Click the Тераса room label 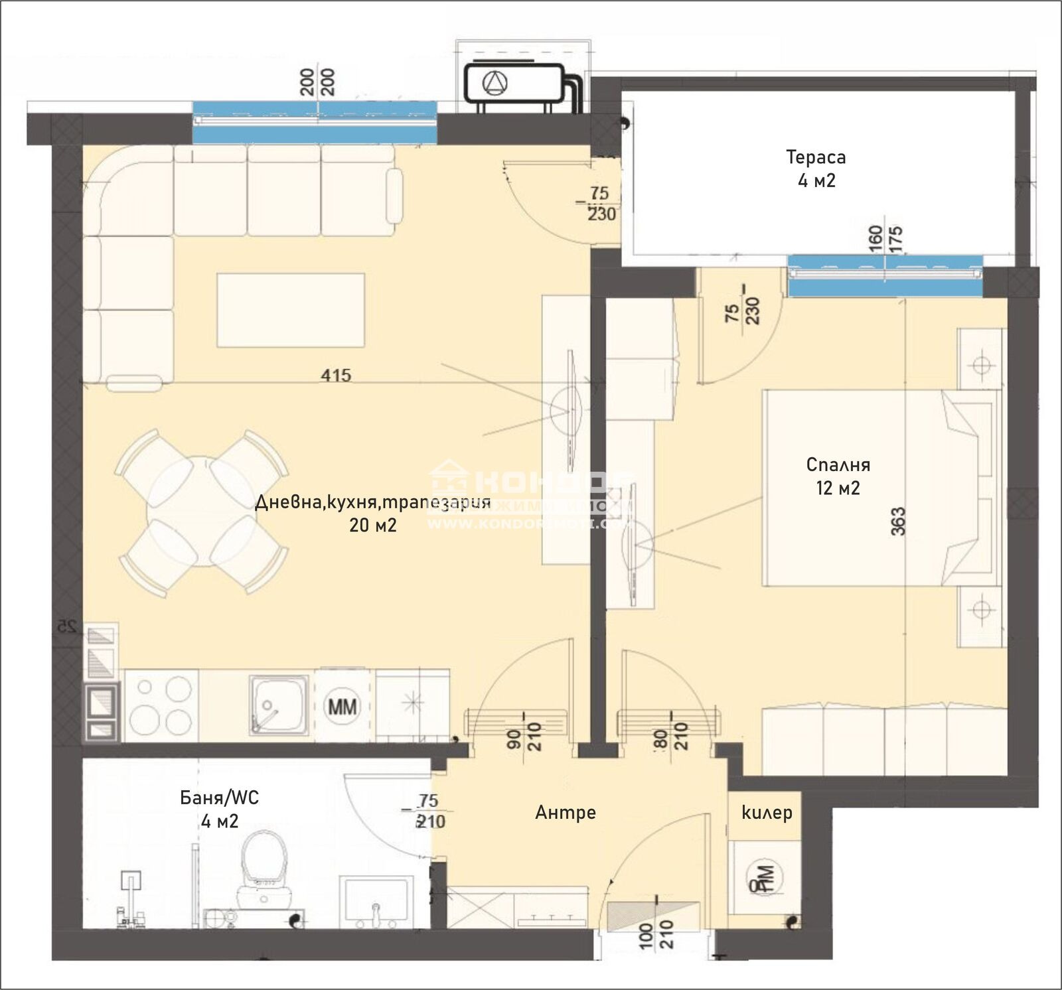coord(816,157)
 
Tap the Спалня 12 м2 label coord(838,476)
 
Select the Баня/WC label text coord(220,797)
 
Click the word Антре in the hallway coord(566,812)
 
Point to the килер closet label coord(767,812)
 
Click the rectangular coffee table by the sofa coord(291,310)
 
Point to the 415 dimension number coord(336,375)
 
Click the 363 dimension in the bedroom coord(897,522)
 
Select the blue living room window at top coord(315,122)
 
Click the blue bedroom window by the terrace coord(885,275)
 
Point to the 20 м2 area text coord(373,525)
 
